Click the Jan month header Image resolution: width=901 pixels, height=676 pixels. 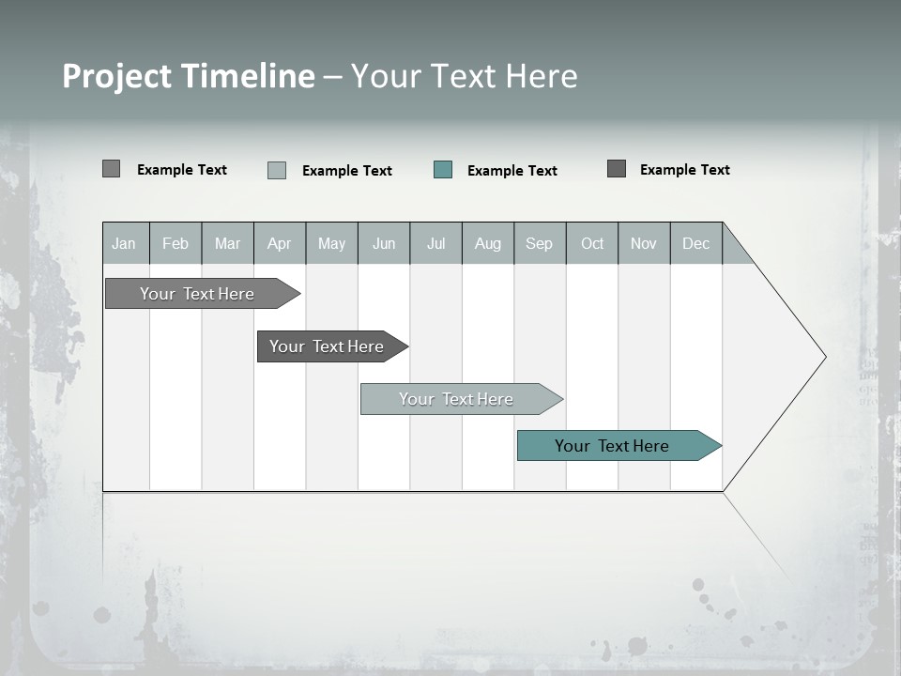coord(124,243)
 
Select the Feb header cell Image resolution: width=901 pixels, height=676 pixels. coord(176,243)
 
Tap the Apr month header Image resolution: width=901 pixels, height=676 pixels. coord(279,243)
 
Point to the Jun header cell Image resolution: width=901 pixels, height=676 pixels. coord(384,243)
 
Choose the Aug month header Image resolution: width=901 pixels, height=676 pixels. coord(487,243)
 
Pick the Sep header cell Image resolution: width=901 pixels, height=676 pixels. coord(539,243)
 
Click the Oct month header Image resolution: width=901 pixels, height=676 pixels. coord(592,243)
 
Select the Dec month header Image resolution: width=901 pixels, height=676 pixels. coord(695,243)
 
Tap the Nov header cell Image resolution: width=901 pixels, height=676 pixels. coord(644,243)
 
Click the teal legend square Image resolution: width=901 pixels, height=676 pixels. coord(443,170)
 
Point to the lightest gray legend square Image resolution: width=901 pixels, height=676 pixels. coord(277,170)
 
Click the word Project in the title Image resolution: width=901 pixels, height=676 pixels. coord(117,76)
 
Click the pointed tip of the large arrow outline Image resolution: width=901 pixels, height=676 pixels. coord(823,357)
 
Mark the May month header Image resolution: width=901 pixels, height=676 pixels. coord(331,243)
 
